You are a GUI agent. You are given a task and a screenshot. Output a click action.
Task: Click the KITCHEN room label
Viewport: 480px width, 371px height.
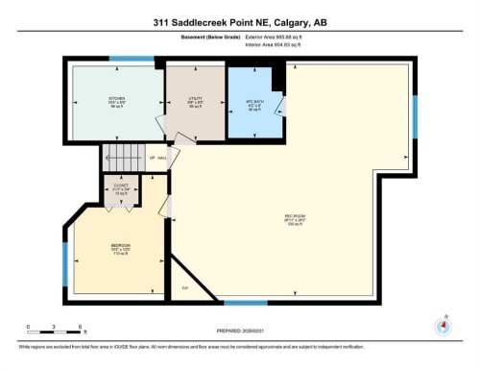[x=116, y=99]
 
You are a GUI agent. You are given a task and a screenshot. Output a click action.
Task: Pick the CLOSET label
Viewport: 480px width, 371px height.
[x=120, y=185]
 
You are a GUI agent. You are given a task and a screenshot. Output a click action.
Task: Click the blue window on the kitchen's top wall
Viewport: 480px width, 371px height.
[x=132, y=60]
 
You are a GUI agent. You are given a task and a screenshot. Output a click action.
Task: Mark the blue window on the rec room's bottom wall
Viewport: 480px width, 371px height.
[x=245, y=304]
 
